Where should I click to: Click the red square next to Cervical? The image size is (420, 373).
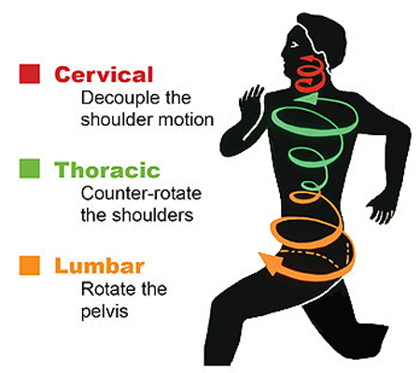pos(30,74)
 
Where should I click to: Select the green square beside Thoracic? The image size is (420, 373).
pos(30,169)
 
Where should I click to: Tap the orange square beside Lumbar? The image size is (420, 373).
pos(30,266)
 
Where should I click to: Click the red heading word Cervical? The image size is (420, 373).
pos(104,75)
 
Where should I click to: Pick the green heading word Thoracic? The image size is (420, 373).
pos(107,170)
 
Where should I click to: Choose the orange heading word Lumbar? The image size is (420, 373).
pos(100,266)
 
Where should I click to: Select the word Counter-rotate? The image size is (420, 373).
pos(141,193)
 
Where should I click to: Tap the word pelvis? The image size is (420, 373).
pos(105,311)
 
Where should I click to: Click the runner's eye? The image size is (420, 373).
pos(294,46)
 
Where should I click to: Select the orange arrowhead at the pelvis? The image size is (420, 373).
pos(270,263)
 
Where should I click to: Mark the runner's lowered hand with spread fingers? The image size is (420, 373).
pos(380,209)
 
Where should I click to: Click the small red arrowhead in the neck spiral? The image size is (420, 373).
pos(309,81)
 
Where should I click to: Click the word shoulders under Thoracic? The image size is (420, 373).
pos(152,215)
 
